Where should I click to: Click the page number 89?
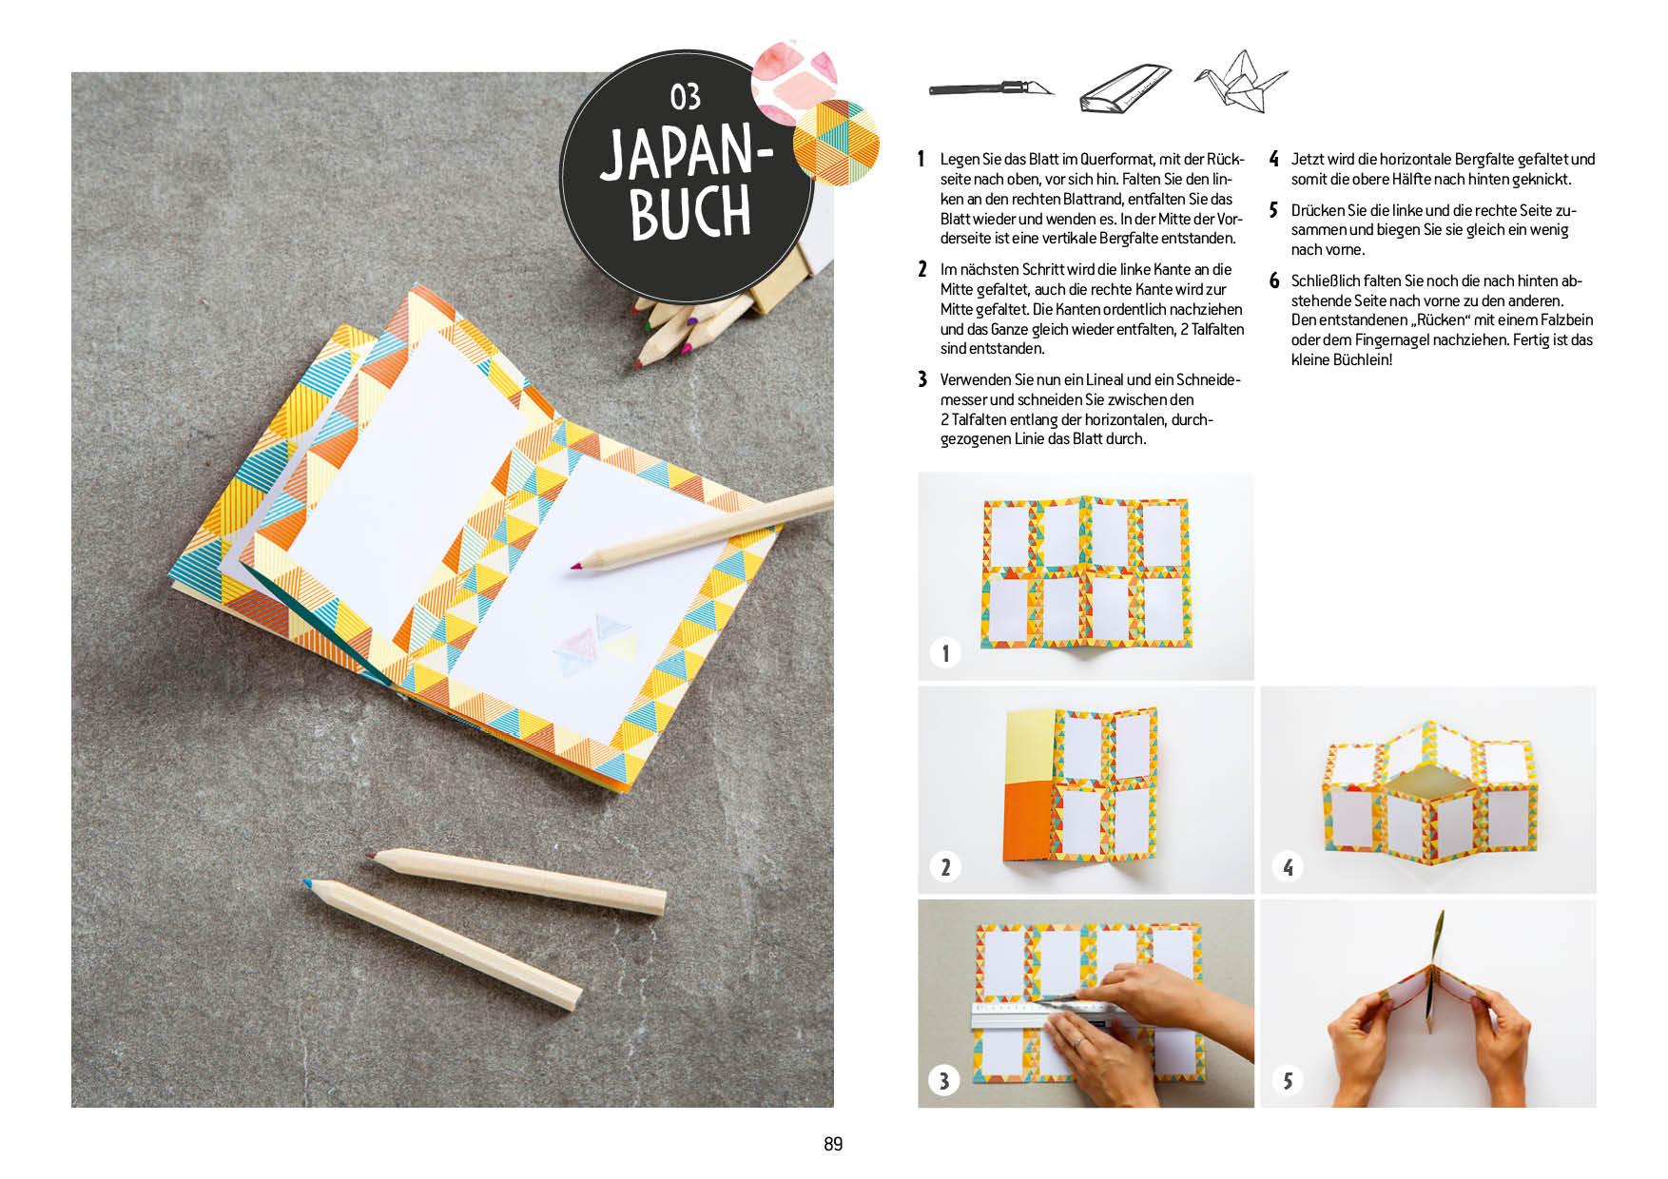pos(833,1145)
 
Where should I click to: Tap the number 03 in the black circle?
pos(686,97)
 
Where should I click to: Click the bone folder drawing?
pos(1125,88)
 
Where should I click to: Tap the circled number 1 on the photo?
pos(945,653)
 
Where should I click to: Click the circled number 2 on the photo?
pos(945,867)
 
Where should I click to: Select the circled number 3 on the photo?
pos(944,1081)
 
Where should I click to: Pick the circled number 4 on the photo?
pos(1288,867)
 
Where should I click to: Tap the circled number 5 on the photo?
pos(1288,1081)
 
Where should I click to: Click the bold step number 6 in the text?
pos(1274,281)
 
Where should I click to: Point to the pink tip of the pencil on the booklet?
pos(574,567)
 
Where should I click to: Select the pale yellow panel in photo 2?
pos(1030,744)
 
